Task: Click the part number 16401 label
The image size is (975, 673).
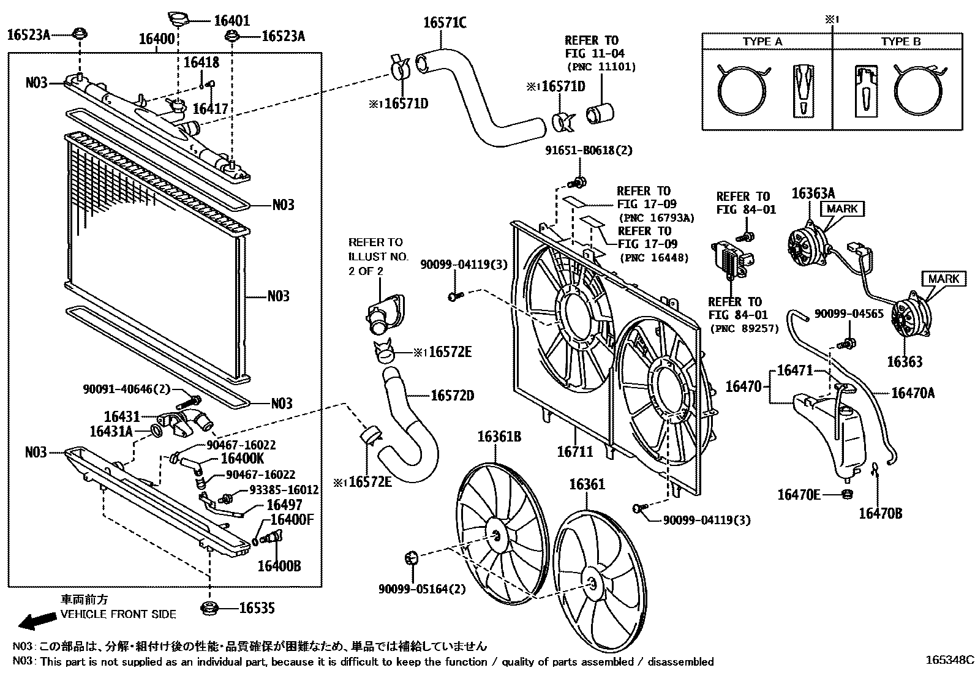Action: point(232,20)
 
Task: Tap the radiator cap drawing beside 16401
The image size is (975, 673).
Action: point(179,18)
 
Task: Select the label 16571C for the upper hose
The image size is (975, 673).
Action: point(445,23)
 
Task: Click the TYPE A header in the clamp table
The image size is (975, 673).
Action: point(762,42)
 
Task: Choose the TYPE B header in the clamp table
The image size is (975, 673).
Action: point(901,42)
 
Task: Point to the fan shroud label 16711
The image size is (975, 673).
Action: point(575,452)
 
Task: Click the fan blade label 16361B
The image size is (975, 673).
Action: point(499,437)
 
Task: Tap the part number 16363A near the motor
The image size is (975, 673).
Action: point(814,194)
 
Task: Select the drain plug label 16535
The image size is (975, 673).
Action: point(257,608)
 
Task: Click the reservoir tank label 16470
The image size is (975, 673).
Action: point(743,386)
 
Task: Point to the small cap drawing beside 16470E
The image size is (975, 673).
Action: point(848,494)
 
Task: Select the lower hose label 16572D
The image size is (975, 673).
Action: point(453,396)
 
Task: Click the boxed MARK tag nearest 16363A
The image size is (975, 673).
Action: point(842,209)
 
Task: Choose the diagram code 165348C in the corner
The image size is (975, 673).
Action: point(949,661)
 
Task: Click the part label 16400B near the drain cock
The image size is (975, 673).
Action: point(279,566)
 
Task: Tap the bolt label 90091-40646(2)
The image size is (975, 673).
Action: point(126,389)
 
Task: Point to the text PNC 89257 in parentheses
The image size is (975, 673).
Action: point(745,328)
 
